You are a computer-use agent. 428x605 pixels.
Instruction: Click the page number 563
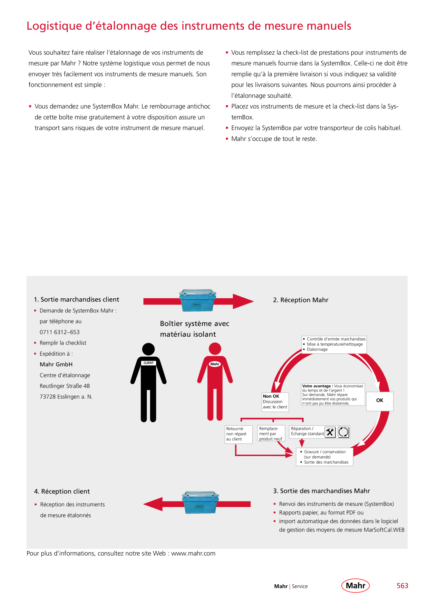point(402,586)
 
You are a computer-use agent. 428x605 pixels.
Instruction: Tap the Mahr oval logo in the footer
point(356,585)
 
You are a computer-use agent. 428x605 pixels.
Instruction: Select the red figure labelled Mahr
point(215,381)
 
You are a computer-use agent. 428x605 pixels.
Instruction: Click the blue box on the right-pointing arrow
point(197,300)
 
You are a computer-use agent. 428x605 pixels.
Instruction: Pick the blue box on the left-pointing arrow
point(200,502)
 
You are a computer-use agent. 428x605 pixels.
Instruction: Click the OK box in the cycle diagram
point(380,401)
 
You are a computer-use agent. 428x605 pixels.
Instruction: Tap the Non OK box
point(275,402)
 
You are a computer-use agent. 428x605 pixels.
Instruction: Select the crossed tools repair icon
point(330,432)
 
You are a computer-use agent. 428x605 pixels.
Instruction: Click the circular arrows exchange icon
point(344,432)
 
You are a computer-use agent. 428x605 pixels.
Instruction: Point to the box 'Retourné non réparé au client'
point(239,434)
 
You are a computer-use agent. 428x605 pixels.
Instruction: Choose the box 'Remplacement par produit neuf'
point(271,434)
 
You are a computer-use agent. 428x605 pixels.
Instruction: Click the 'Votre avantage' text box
point(333,395)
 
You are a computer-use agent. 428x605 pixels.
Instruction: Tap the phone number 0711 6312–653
point(60,332)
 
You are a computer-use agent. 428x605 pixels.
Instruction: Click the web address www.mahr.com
point(193,554)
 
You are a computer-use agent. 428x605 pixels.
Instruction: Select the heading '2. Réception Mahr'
point(301,300)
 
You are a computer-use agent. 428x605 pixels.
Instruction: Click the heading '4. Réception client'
point(62,492)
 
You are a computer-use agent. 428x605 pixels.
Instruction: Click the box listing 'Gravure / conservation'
point(325,457)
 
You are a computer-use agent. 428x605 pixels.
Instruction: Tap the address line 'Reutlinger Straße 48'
point(65,386)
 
